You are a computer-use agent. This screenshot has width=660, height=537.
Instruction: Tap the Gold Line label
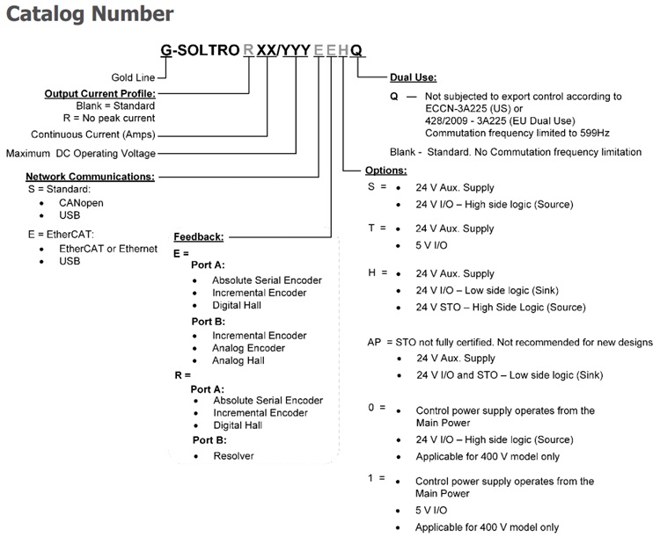coord(133,77)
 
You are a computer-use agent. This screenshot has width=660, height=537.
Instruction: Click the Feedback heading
coord(198,236)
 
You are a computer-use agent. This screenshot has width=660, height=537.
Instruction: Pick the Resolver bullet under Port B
coord(233,455)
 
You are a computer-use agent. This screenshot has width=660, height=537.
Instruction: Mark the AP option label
coord(376,341)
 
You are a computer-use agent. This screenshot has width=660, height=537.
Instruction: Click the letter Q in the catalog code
coord(356,50)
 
